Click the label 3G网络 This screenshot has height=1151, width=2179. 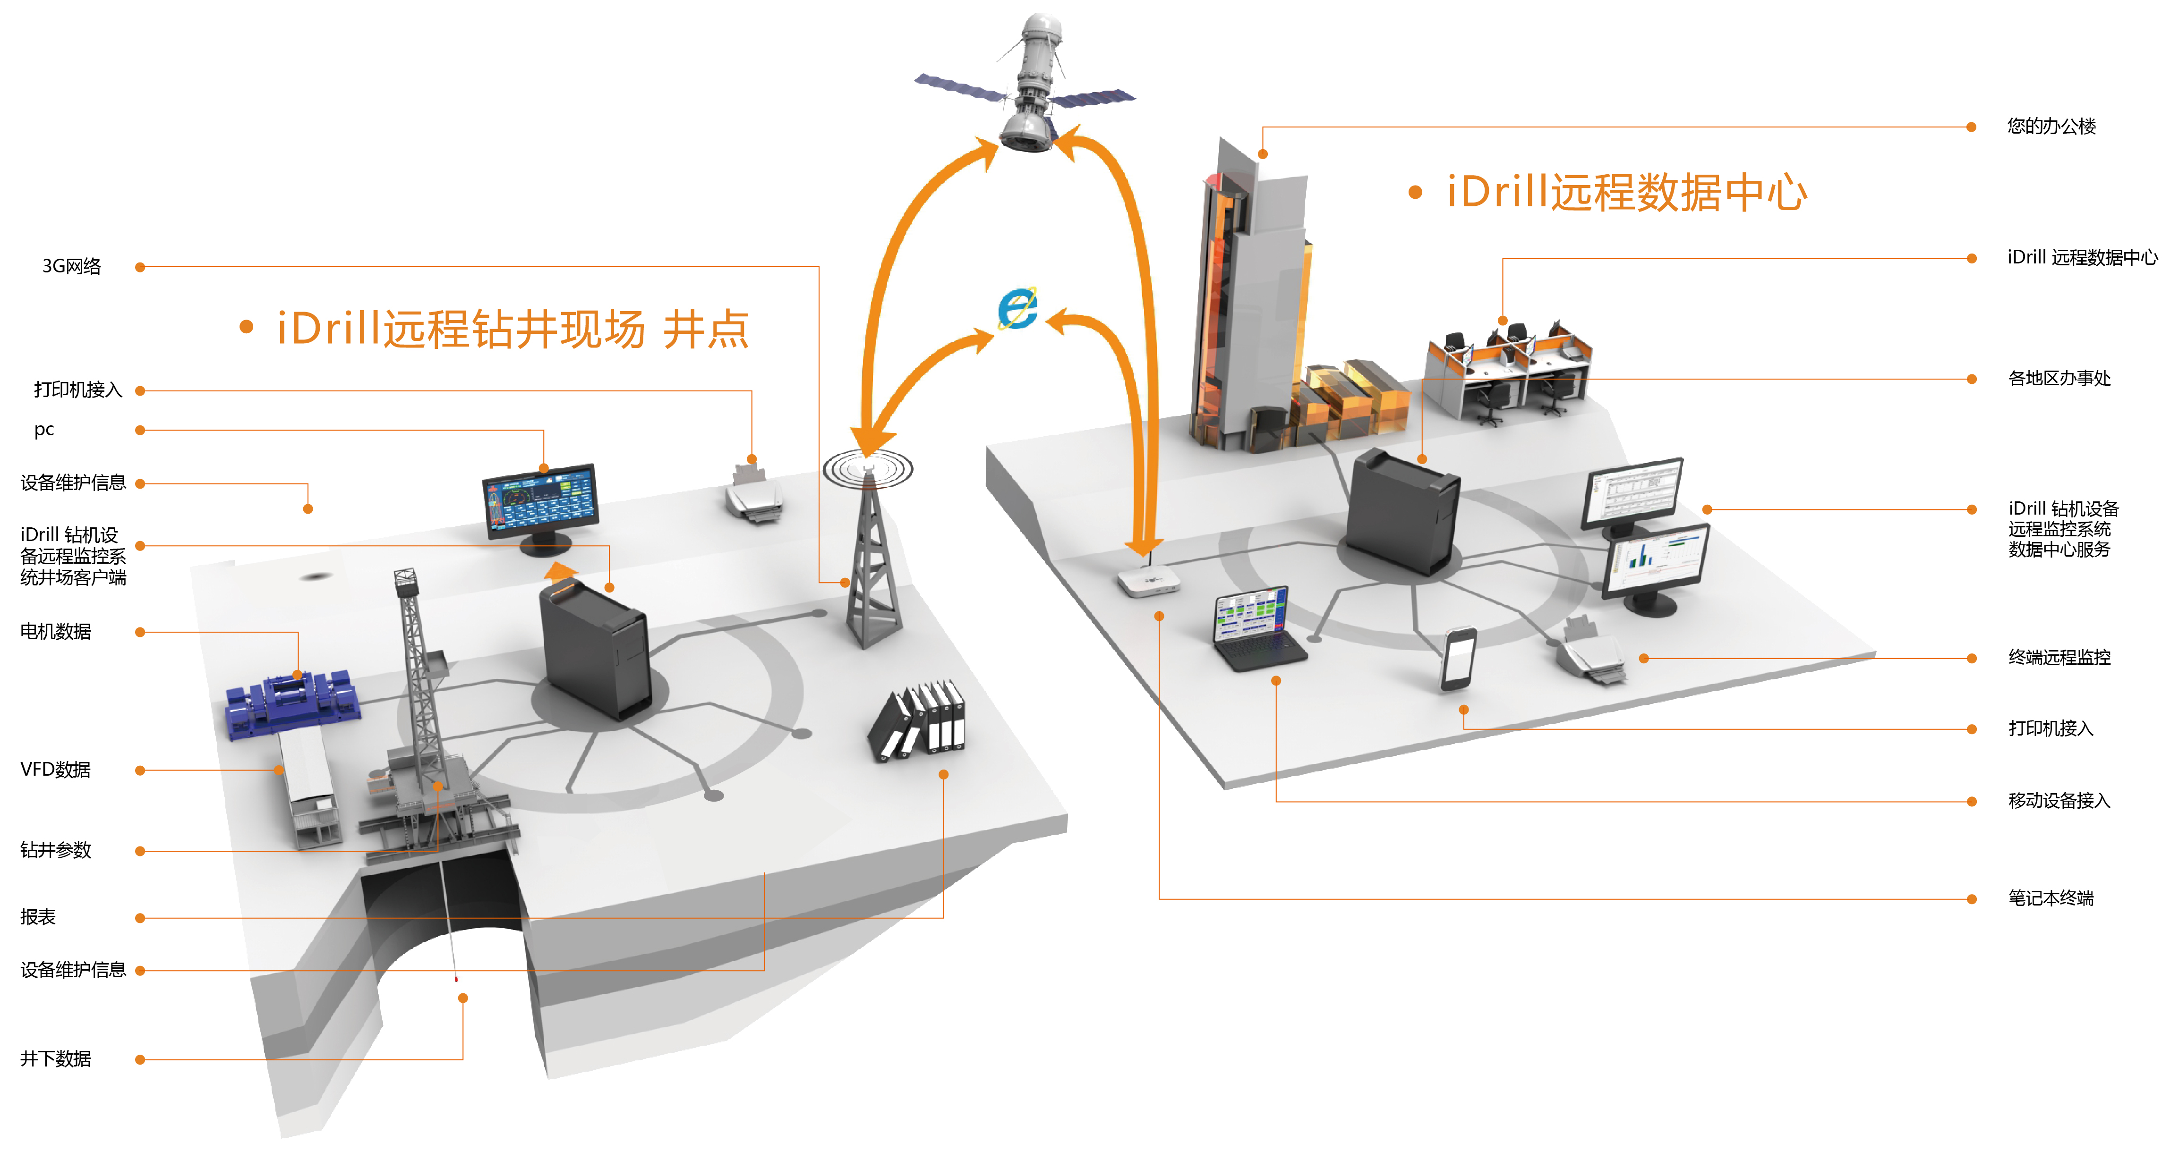tap(72, 266)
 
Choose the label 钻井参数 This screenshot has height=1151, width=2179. tap(56, 850)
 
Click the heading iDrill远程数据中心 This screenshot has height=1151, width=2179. tap(1626, 193)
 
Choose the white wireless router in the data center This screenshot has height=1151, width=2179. tap(1148, 581)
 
